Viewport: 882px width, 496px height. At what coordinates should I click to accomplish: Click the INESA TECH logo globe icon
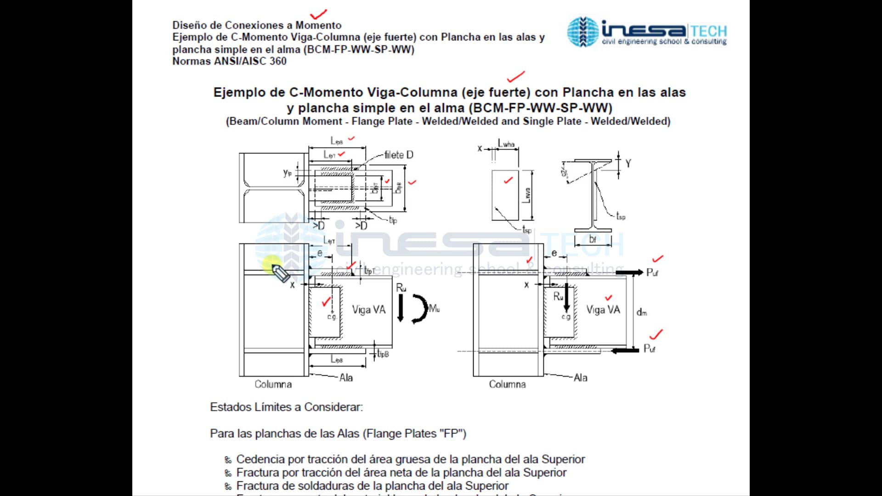click(x=582, y=32)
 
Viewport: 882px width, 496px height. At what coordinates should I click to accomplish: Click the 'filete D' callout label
click(x=399, y=155)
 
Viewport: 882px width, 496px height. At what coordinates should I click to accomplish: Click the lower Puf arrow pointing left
click(x=625, y=350)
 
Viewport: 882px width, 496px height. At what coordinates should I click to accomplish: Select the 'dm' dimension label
click(x=642, y=312)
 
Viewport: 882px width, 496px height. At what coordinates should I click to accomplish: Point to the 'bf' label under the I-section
click(x=593, y=239)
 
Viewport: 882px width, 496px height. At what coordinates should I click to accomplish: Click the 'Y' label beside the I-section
click(x=628, y=163)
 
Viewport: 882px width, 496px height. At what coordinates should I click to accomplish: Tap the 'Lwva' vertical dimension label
click(x=527, y=195)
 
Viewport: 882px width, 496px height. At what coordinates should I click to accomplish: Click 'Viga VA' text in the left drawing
click(x=369, y=310)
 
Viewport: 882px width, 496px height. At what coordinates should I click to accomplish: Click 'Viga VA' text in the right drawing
click(x=603, y=310)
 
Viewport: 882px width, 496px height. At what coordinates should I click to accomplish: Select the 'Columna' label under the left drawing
click(x=273, y=384)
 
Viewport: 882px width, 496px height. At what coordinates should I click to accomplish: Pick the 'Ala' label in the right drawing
click(x=580, y=378)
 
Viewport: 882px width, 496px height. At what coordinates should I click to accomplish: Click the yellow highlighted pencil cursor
click(x=279, y=272)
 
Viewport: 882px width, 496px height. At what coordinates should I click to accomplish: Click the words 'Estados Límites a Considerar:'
click(x=286, y=407)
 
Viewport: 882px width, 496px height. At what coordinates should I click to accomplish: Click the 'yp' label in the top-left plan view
click(x=287, y=173)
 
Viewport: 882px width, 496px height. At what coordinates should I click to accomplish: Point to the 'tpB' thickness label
click(x=383, y=354)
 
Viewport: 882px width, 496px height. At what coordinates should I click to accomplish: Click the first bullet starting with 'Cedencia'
click(x=410, y=459)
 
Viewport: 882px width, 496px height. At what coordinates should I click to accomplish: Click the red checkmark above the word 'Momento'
click(x=318, y=14)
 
